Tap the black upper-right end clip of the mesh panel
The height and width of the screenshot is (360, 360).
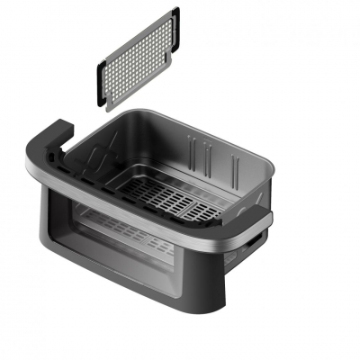(x=174, y=24)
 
